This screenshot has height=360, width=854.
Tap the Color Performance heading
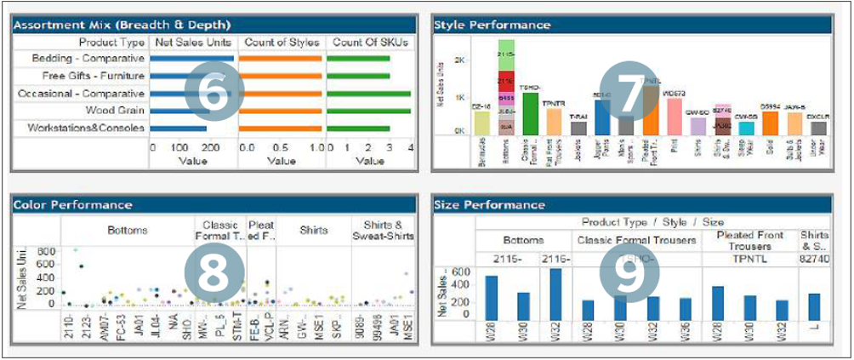(72, 204)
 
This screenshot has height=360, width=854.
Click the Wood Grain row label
(116, 111)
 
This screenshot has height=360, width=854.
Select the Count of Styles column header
(282, 42)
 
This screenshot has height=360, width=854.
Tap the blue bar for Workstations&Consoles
(178, 128)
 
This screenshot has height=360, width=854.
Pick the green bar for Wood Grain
(357, 111)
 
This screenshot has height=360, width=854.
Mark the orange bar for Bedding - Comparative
(281, 59)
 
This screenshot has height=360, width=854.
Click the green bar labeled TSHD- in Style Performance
(530, 114)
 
